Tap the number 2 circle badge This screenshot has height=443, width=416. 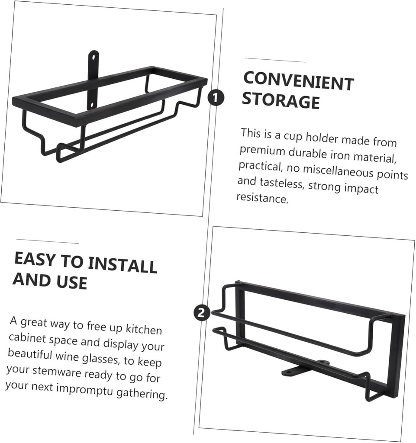pos(202,313)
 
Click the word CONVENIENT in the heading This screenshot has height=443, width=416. pos(298,82)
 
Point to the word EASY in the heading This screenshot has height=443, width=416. pos(35,259)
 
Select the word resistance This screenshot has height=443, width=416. pos(262,198)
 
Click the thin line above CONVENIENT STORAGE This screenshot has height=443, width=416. pos(275,61)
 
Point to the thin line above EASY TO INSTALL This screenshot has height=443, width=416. pos(47,241)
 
